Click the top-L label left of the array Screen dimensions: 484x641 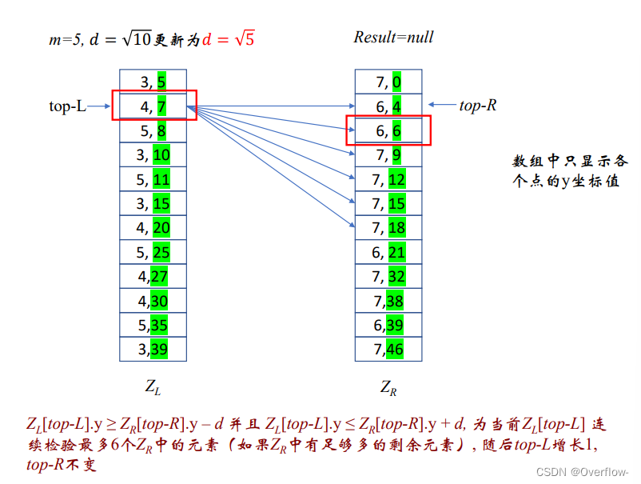67,106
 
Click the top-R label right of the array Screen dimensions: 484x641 477,106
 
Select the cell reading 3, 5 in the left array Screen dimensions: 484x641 153,81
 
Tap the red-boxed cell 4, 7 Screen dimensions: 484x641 153,106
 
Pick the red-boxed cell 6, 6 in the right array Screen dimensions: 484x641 388,130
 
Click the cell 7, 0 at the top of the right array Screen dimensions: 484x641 388,81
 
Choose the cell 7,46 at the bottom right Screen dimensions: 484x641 388,349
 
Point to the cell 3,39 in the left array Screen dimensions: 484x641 153,349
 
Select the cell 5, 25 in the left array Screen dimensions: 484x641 153,253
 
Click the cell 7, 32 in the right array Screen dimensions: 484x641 388,277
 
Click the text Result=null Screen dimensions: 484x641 393,37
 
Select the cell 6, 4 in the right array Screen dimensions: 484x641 388,106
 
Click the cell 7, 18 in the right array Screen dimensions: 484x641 388,228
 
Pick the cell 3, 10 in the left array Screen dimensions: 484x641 153,154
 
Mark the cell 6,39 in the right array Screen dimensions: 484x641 388,325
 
